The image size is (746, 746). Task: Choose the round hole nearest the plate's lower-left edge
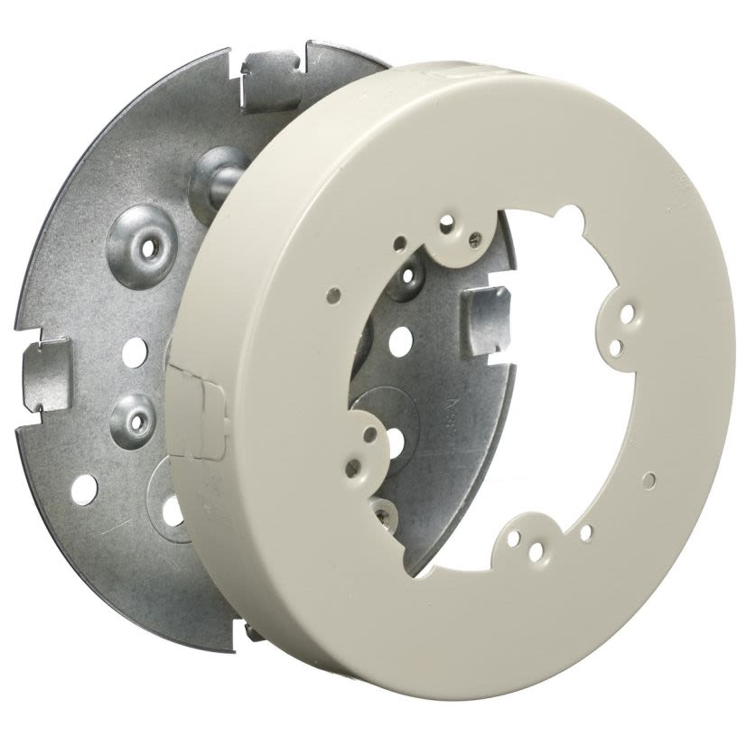(83, 489)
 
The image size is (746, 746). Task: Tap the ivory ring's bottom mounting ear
(533, 538)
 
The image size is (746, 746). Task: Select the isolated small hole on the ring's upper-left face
(335, 294)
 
